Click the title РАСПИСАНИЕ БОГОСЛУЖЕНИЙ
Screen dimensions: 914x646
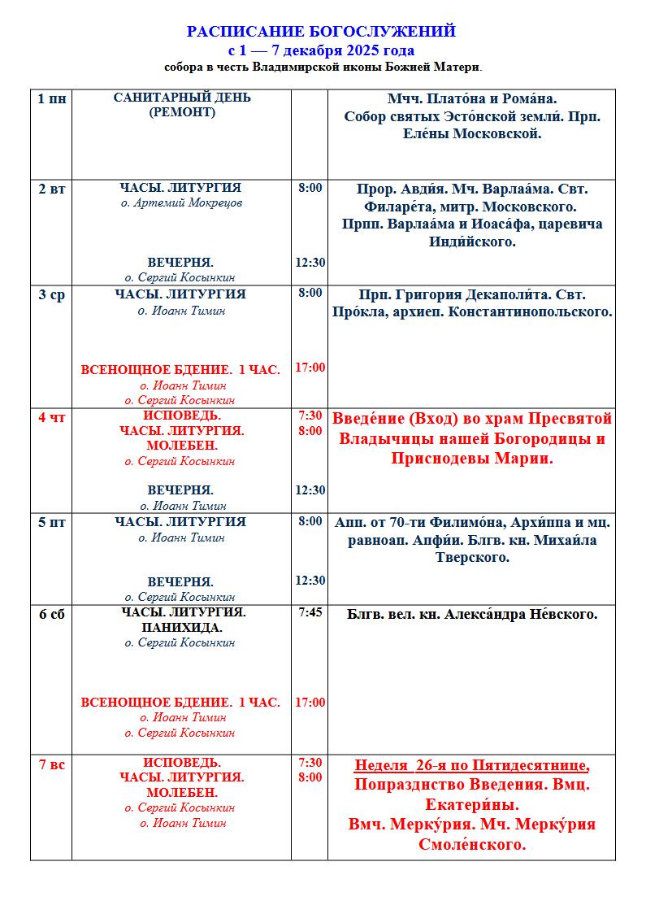pyautogui.click(x=321, y=32)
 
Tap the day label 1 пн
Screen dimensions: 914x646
pyautogui.click(x=52, y=98)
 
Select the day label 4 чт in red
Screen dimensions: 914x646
pyautogui.click(x=52, y=417)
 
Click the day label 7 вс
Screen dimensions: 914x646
pyautogui.click(x=52, y=764)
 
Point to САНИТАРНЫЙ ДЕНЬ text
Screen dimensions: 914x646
pyautogui.click(x=182, y=98)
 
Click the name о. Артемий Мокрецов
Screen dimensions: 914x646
pyautogui.click(x=181, y=203)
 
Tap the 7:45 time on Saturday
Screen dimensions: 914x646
pyautogui.click(x=310, y=612)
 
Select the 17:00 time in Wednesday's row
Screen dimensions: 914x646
pyautogui.click(x=310, y=368)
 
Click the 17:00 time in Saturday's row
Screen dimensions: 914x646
pyautogui.click(x=310, y=703)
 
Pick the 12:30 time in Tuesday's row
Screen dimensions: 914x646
pyautogui.click(x=310, y=263)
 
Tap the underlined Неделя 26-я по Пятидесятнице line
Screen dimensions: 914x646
pyautogui.click(x=471, y=765)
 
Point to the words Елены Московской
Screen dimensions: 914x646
pyautogui.click(x=472, y=134)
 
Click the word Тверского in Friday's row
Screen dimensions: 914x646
pyautogui.click(x=471, y=558)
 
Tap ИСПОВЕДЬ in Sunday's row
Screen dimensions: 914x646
pyautogui.click(x=182, y=763)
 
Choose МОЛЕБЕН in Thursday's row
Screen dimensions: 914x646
pyautogui.click(x=182, y=446)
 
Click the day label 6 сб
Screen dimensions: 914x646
pyautogui.click(x=52, y=614)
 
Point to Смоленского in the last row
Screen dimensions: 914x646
pyautogui.click(x=471, y=845)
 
